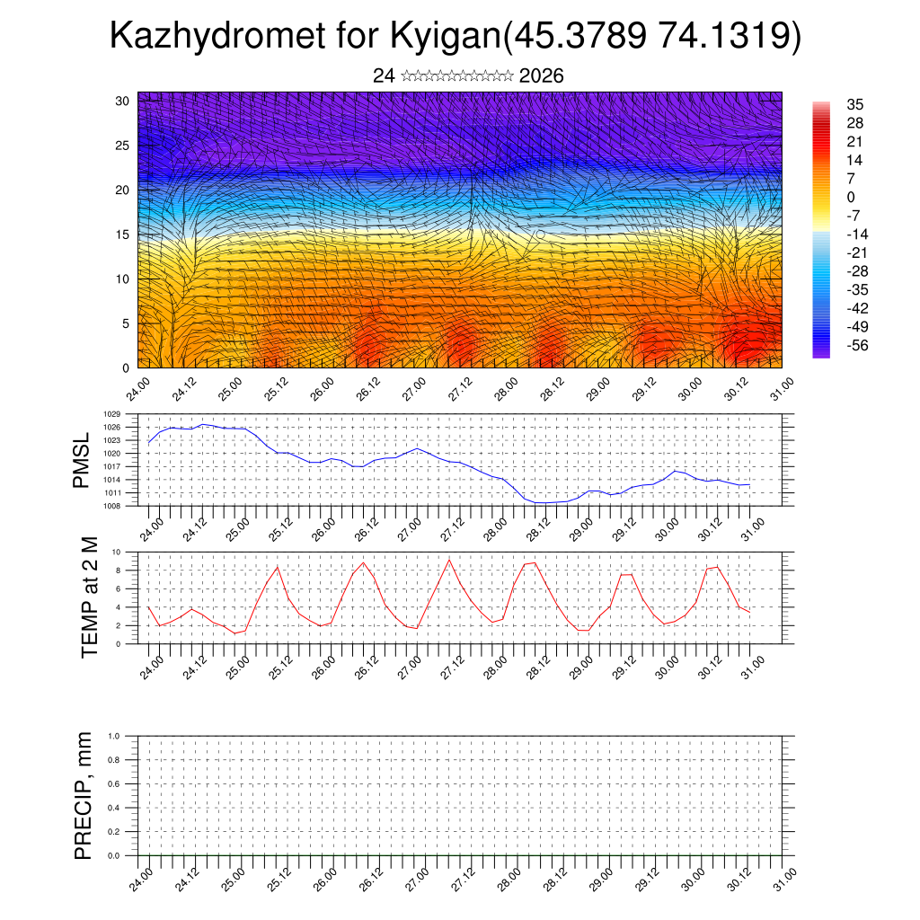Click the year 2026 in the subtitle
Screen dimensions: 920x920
click(x=542, y=76)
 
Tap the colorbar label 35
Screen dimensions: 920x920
click(x=854, y=104)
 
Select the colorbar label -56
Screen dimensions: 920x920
click(x=857, y=345)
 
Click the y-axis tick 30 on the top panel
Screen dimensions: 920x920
click(x=122, y=101)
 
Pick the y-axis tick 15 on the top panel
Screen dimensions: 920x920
click(x=122, y=234)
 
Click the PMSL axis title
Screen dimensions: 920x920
click(x=83, y=460)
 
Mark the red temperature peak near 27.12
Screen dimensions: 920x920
click(x=449, y=561)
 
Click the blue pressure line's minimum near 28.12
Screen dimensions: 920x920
click(x=539, y=503)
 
